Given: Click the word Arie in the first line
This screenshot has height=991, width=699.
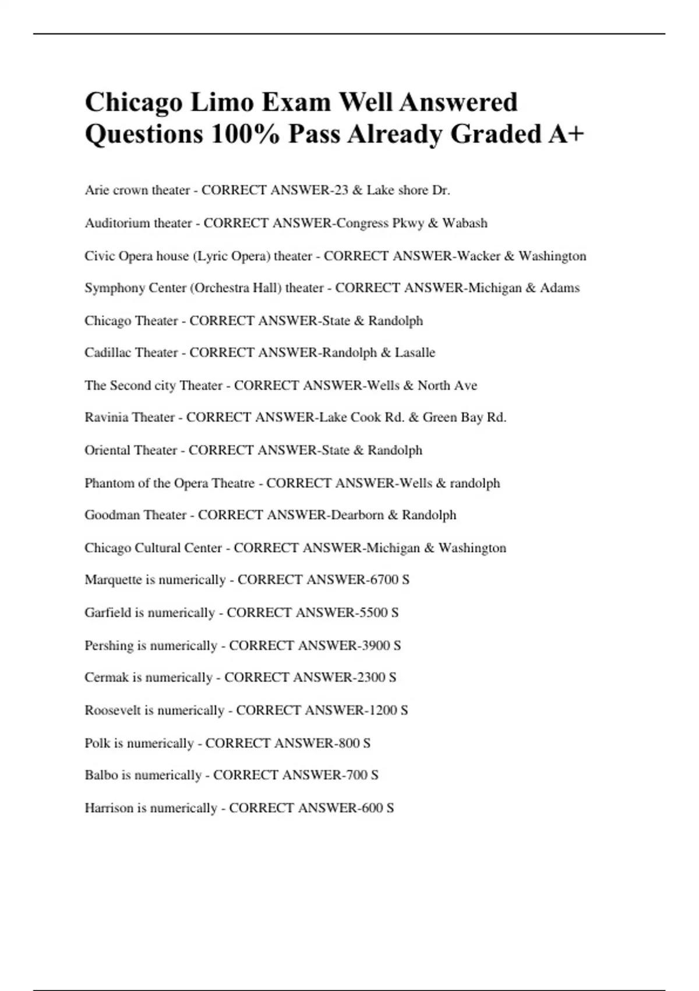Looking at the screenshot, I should click(x=97, y=190).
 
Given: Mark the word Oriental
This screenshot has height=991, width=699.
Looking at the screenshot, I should click(x=106, y=450).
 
